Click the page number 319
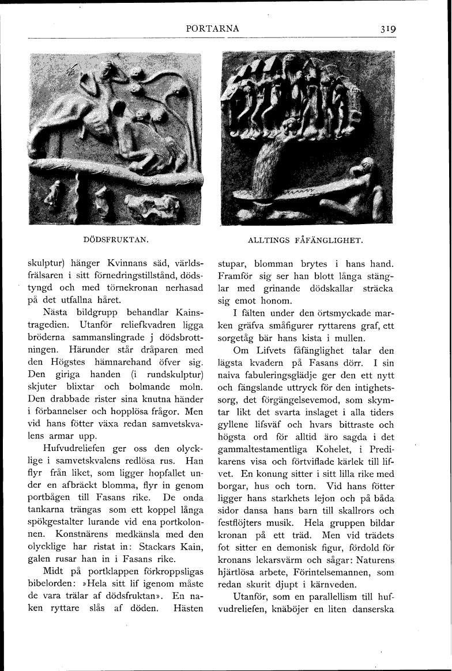point(387,29)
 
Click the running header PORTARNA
point(212,29)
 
